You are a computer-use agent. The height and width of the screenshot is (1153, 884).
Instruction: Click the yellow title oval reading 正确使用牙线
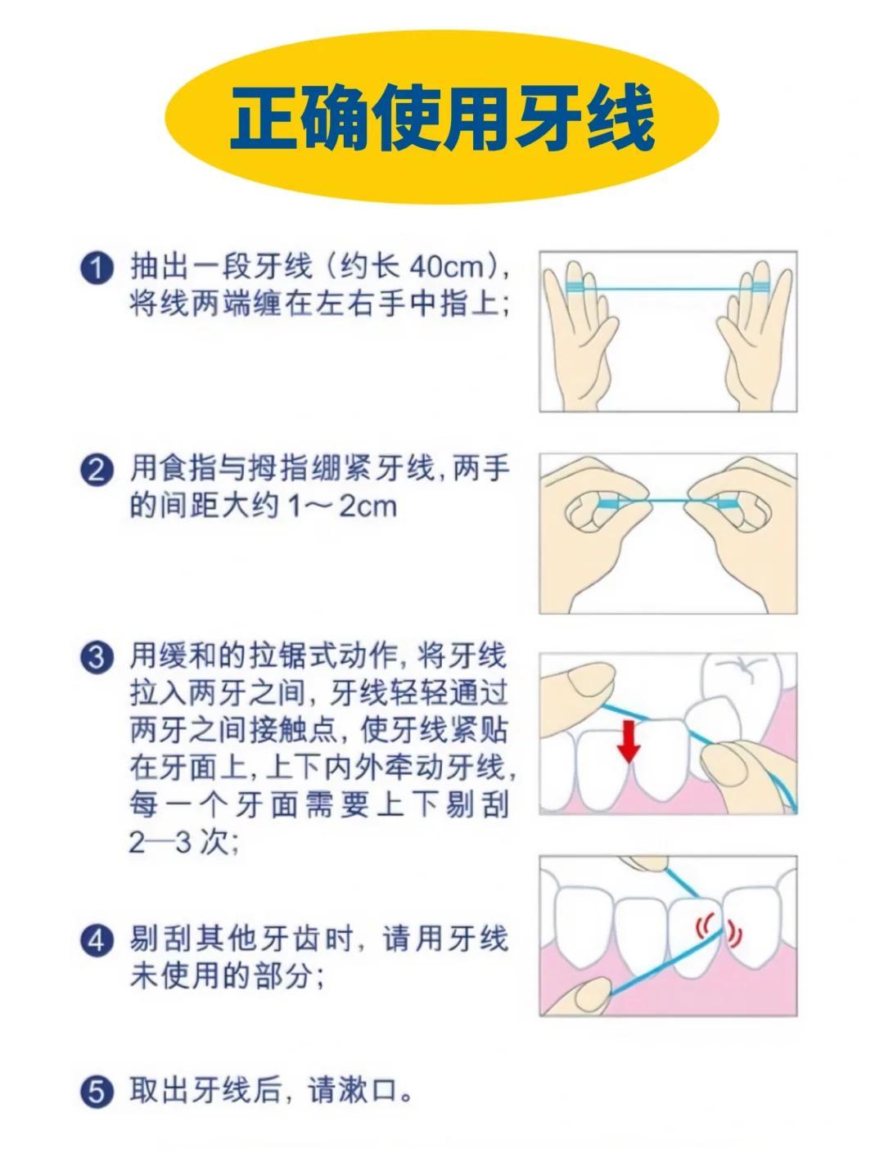pyautogui.click(x=440, y=116)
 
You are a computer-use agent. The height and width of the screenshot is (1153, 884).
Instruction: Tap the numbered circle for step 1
pyautogui.click(x=97, y=268)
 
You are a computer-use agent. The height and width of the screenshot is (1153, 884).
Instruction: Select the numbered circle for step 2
pyautogui.click(x=97, y=471)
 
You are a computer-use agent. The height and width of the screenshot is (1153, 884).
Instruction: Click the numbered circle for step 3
pyautogui.click(x=97, y=657)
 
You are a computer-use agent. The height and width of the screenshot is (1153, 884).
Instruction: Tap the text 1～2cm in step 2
pyautogui.click(x=342, y=506)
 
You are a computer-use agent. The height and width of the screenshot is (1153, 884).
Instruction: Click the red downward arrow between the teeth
pyautogui.click(x=629, y=742)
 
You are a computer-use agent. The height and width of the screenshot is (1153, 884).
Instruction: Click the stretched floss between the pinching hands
pyautogui.click(x=668, y=500)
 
